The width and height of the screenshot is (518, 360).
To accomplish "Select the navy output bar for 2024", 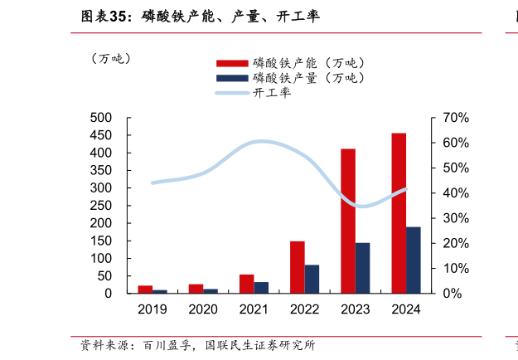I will point(413,260).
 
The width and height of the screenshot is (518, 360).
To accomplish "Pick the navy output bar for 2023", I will point(362,268).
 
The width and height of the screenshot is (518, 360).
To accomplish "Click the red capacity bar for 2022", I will point(298,267).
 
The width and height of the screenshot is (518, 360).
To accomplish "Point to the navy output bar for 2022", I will point(312,279).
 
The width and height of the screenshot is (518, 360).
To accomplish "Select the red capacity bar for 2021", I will point(246,284).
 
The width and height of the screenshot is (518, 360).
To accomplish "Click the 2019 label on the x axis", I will point(152,309).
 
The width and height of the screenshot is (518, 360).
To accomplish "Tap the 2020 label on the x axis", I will point(203,309).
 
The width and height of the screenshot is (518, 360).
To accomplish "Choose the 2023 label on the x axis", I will point(356,309).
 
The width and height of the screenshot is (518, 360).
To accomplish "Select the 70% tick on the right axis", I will point(456,118).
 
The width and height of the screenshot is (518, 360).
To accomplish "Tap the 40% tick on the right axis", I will point(456,193).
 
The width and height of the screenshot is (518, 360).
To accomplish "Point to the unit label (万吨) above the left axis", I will point(110,59).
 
